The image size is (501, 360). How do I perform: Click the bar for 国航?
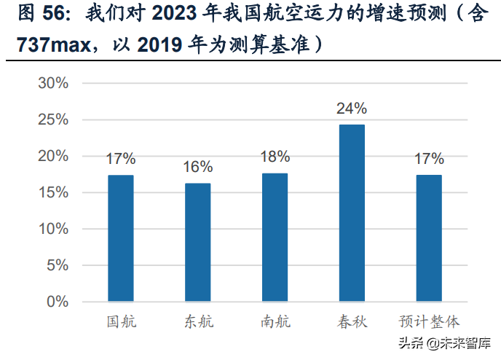[121, 238]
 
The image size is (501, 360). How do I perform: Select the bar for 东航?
[198, 242]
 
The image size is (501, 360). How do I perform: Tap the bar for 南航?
[275, 237]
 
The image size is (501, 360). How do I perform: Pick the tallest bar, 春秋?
[352, 213]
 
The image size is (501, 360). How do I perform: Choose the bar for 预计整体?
[429, 238]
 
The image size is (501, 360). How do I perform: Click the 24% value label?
[352, 109]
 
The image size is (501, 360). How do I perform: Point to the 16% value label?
[198, 167]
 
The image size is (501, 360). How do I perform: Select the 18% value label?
[275, 157]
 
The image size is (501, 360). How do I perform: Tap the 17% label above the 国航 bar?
[121, 159]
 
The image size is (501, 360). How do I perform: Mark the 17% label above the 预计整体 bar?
[429, 159]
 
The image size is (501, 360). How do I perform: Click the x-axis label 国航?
[121, 322]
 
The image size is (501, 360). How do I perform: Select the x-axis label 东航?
[198, 322]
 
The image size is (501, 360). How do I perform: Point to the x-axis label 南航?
[275, 322]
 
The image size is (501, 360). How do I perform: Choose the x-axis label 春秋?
[352, 322]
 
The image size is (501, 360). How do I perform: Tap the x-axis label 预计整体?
[429, 322]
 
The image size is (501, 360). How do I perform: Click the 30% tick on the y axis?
[53, 83]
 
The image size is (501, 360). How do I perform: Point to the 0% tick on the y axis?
[58, 302]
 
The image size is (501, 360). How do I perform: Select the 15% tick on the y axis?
[53, 192]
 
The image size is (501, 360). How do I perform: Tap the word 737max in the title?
[49, 44]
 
